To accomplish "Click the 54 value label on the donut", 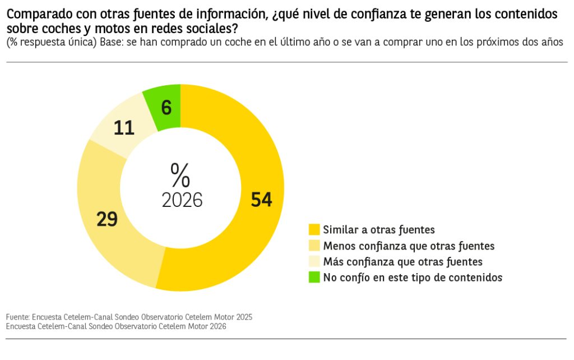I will [x=261, y=200].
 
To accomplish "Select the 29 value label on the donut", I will [x=107, y=219].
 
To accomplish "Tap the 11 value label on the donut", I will [x=124, y=128].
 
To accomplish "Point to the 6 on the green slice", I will [x=166, y=108].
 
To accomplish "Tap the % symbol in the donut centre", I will [x=180, y=175].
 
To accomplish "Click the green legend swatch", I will [x=314, y=277].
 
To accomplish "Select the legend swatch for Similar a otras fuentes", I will [x=314, y=229].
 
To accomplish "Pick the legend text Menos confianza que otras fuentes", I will [x=409, y=246].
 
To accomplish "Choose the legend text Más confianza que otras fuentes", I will [x=402, y=261].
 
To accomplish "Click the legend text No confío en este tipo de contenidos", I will [x=413, y=277].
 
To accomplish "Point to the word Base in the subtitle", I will [x=112, y=43].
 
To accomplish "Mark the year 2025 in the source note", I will [x=243, y=317].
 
